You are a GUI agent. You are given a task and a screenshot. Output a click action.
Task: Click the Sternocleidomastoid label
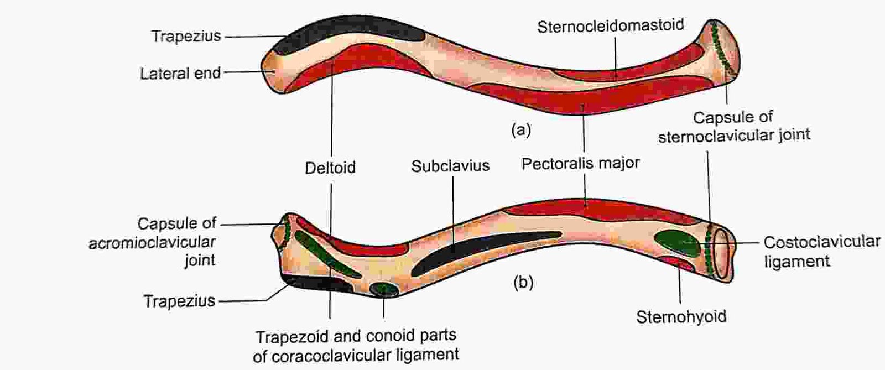611,26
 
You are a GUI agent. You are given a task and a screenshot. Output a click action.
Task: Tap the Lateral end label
180,74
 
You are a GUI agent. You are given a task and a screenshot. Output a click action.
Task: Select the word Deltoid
330,168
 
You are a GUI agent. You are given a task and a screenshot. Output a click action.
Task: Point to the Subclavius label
450,166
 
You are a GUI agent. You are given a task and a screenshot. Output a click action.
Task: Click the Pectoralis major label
580,164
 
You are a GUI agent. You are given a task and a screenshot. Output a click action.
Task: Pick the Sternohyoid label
681,317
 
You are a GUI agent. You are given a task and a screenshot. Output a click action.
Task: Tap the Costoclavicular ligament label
822,252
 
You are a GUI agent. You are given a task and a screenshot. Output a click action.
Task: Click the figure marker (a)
521,130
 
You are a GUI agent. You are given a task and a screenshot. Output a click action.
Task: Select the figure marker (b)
523,282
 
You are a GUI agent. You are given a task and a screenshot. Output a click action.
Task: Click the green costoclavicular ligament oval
677,244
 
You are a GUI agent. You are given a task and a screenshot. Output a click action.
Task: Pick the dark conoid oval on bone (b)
384,289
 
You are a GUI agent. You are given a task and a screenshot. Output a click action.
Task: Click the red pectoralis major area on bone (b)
601,211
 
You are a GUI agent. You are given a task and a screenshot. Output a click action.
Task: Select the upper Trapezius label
186,37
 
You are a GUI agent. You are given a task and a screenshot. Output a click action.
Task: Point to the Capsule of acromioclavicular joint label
153,242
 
